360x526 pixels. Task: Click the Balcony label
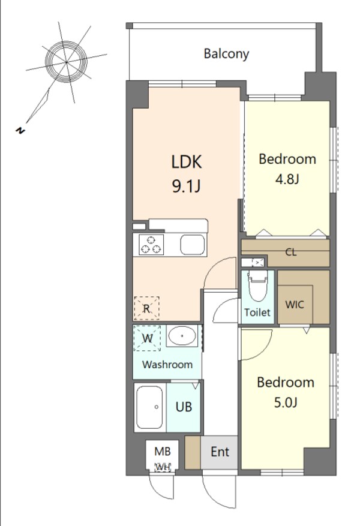[226, 54]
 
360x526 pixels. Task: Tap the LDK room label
[187, 162]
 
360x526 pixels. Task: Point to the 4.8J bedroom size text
[287, 179]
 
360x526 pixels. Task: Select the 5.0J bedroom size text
[286, 402]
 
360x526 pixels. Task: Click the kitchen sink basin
[193, 245]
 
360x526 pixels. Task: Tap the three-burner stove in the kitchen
[151, 245]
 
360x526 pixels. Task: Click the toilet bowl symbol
[257, 286]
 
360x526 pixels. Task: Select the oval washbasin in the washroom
[182, 335]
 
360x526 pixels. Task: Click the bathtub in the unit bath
[149, 407]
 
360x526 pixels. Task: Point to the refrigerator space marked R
[146, 308]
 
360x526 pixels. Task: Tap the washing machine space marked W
[147, 338]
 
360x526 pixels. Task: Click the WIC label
[295, 305]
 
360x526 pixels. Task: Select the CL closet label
[291, 253]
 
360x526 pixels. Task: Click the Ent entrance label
[220, 452]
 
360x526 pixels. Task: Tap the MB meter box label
[163, 452]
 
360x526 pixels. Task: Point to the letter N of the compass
[20, 131]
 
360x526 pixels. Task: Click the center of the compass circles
[67, 62]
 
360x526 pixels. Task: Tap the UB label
[184, 407]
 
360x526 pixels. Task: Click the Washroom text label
[167, 365]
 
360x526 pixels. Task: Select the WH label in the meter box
[163, 467]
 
